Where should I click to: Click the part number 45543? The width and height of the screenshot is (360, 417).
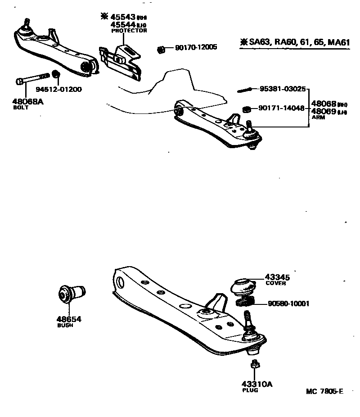[x=123, y=17]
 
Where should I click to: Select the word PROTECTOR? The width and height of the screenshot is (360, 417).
[x=129, y=31]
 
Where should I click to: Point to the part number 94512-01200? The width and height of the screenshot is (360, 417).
[x=58, y=89]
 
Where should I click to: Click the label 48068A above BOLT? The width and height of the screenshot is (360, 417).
[x=28, y=101]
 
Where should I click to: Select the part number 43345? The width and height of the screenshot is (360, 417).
[x=277, y=277]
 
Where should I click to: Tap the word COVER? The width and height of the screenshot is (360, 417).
[x=275, y=284]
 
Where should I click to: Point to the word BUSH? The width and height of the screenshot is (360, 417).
[x=65, y=325]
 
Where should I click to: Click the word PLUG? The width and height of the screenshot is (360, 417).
[x=250, y=390]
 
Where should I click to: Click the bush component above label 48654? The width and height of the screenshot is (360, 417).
[x=72, y=293]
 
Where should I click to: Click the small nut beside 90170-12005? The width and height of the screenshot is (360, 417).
[x=160, y=49]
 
